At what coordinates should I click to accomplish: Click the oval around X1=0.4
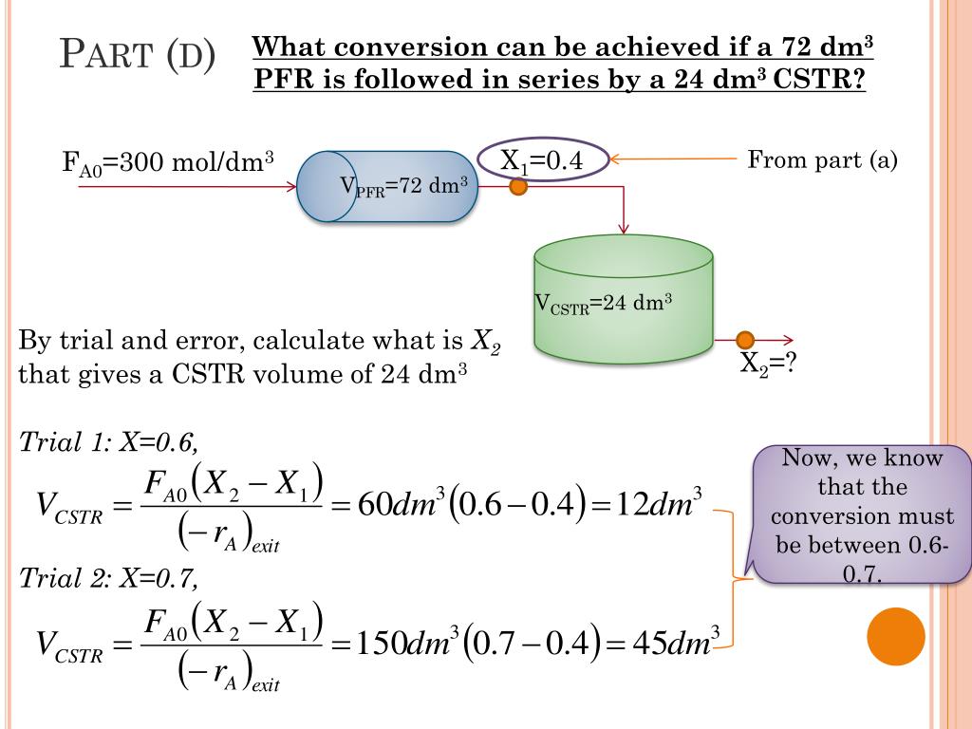coord(542,161)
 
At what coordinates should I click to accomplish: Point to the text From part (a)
coord(822,159)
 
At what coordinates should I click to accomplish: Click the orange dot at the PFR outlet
coord(518,187)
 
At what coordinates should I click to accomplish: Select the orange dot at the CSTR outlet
coord(745,340)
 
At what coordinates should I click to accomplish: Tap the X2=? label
coord(766,364)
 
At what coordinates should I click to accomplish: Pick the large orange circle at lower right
coord(896,636)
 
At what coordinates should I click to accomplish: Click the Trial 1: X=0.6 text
coord(109,441)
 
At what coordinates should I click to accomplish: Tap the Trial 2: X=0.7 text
coord(109,578)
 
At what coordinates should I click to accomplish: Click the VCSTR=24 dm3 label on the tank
coord(604,304)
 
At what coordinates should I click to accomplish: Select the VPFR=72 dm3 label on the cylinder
coord(404,186)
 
